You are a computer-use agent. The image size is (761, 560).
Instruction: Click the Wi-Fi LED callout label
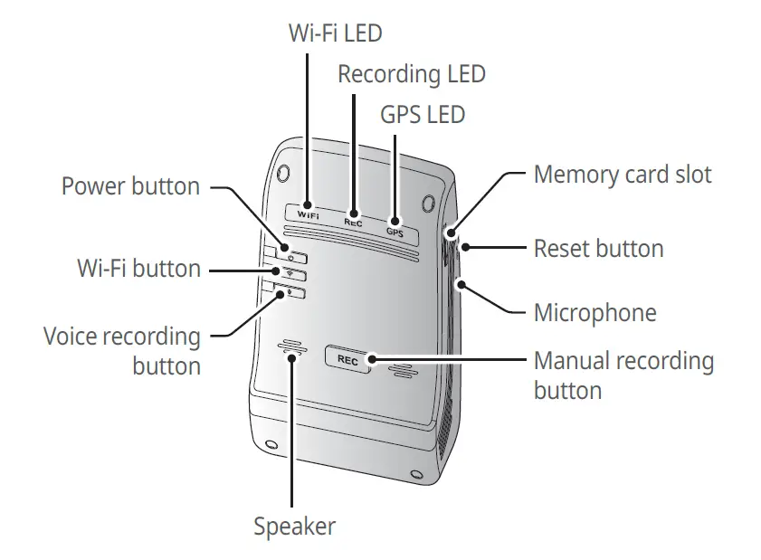(x=335, y=34)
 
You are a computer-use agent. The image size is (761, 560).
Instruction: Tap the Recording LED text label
(x=412, y=74)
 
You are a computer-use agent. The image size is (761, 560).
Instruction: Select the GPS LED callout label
(x=423, y=115)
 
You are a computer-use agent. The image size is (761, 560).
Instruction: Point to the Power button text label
(x=130, y=186)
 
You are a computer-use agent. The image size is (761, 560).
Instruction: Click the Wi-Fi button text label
(x=138, y=269)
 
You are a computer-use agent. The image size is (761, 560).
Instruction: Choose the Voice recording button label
(x=122, y=351)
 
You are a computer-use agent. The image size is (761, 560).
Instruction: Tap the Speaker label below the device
(x=294, y=527)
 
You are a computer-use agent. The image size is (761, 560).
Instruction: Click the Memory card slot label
(x=623, y=175)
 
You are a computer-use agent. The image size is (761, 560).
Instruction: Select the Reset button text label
(x=598, y=248)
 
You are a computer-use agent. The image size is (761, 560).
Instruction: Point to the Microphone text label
(x=595, y=313)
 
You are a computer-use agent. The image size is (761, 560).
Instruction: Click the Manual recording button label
(x=623, y=375)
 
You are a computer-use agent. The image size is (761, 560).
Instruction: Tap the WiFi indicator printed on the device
(x=309, y=216)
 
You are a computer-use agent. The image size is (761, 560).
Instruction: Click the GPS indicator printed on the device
(x=395, y=232)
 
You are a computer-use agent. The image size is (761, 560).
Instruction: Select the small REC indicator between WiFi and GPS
(x=353, y=222)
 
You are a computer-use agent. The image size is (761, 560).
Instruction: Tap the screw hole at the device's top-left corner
(x=283, y=172)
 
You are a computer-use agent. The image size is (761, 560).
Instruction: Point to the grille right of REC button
(x=402, y=369)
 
